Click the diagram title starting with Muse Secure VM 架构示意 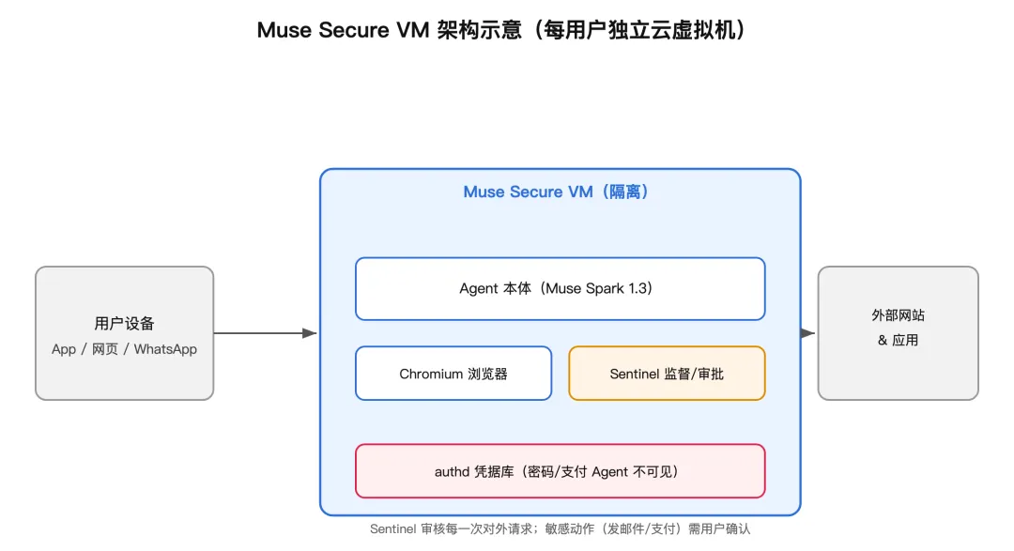click(501, 30)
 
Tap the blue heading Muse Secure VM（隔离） click(556, 192)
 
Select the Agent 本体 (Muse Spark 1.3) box click(560, 288)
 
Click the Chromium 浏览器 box click(453, 374)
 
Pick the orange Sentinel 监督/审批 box click(667, 374)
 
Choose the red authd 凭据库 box click(560, 471)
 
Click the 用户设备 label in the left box click(124, 323)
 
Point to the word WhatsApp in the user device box click(165, 349)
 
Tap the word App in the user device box click(64, 349)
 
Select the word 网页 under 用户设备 click(105, 349)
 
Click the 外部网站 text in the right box click(898, 315)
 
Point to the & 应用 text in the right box click(898, 340)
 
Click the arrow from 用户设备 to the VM click(265, 333)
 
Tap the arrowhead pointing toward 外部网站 click(808, 333)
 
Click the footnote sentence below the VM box click(560, 529)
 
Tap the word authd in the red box click(452, 472)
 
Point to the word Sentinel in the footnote click(392, 529)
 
